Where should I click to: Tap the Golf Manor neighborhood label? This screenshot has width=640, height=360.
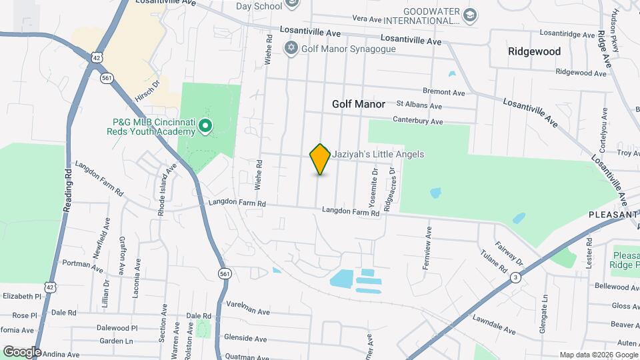point(359,104)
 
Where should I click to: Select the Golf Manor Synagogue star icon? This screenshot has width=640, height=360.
point(290,48)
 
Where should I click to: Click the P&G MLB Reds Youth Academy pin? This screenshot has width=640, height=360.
point(206,125)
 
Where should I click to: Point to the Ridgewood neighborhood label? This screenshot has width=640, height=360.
point(534,51)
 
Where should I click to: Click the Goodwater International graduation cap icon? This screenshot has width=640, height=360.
point(471,15)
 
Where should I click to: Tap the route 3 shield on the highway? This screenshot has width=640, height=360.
point(515,277)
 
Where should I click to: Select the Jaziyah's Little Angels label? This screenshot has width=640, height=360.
point(378,154)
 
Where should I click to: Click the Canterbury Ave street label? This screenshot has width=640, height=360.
point(418,121)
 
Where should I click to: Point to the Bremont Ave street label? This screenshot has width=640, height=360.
point(443,92)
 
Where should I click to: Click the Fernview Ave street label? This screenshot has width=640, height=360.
point(427,251)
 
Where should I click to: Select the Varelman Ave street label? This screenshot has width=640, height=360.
point(248,311)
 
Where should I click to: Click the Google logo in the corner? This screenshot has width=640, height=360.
point(22,351)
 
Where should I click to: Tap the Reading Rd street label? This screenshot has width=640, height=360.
point(68,191)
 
